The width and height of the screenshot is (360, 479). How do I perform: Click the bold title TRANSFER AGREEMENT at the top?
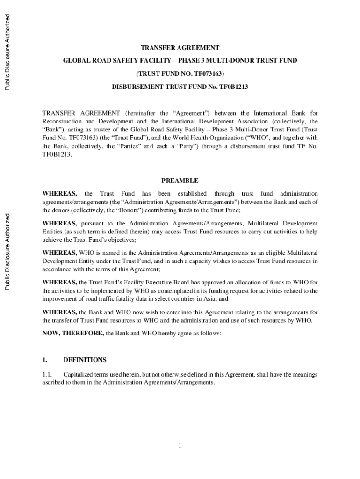pyautogui.click(x=180, y=48)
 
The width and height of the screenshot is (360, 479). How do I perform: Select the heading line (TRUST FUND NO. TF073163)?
pyautogui.click(x=180, y=74)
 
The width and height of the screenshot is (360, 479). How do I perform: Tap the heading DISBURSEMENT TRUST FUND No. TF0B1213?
pyautogui.click(x=180, y=87)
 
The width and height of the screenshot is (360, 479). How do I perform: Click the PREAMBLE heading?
pyautogui.click(x=180, y=181)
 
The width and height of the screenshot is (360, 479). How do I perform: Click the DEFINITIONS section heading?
pyautogui.click(x=85, y=360)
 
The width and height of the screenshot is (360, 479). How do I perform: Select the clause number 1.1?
pyautogui.click(x=48, y=375)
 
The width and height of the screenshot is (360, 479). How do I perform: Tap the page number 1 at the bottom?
pyautogui.click(x=180, y=445)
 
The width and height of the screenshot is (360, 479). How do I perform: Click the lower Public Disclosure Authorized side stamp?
pyautogui.click(x=7, y=252)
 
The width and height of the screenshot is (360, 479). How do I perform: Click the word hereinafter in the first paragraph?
pyautogui.click(x=141, y=113)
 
